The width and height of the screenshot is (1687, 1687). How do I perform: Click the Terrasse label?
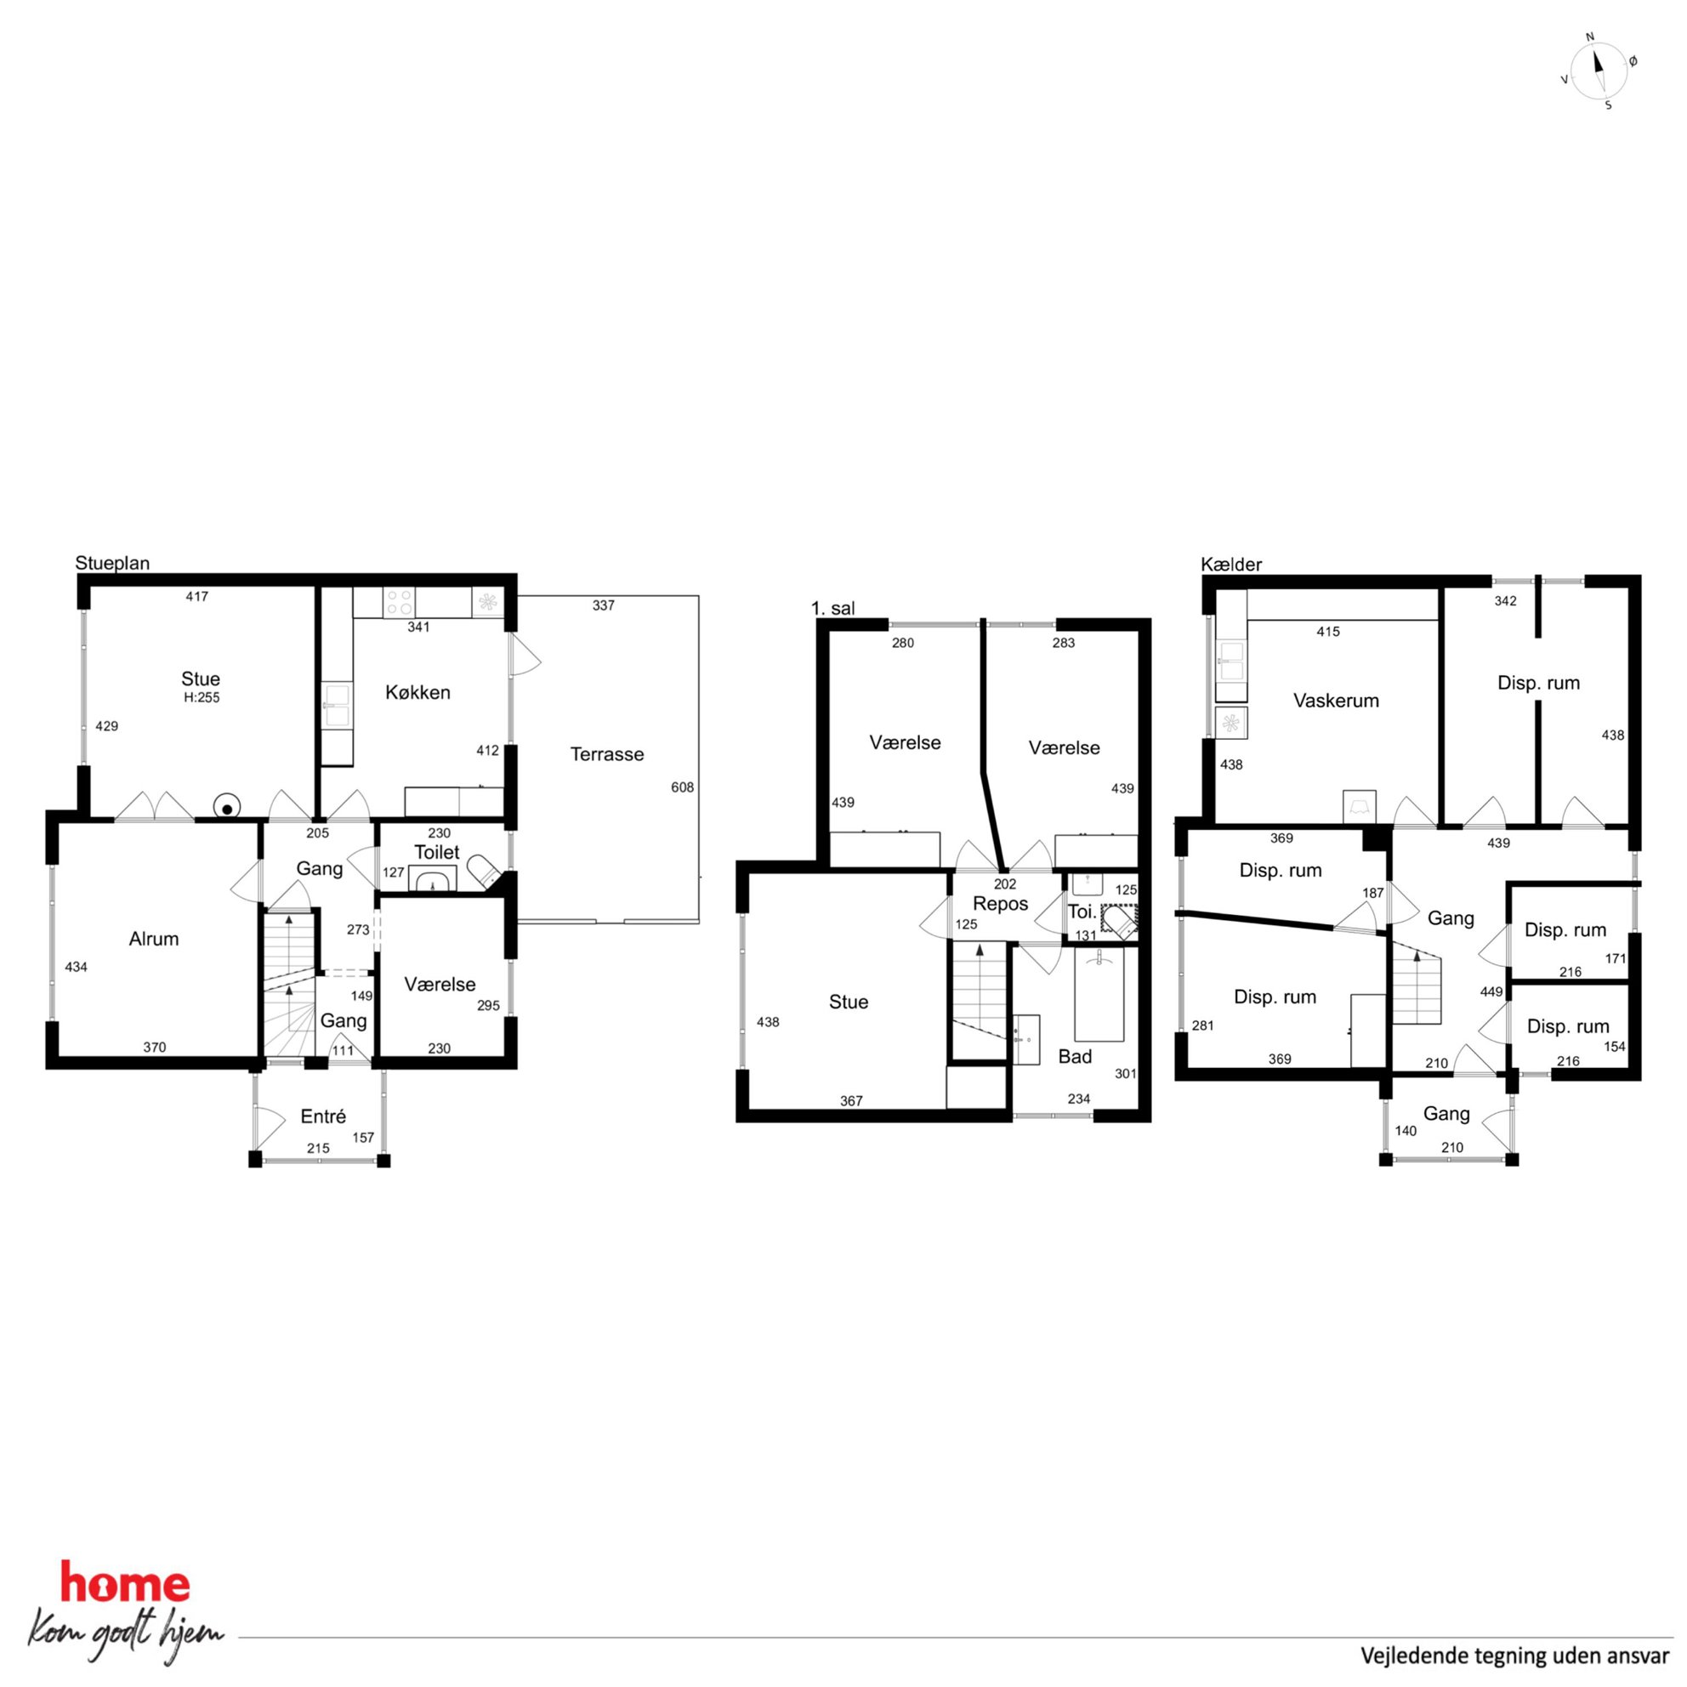click(607, 754)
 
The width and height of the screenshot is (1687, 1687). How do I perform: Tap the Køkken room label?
click(418, 692)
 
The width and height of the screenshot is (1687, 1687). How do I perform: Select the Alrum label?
click(154, 939)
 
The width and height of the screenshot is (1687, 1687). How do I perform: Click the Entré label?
click(323, 1116)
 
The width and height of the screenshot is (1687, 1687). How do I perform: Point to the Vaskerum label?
click(1336, 701)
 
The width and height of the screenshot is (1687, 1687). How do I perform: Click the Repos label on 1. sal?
click(1001, 904)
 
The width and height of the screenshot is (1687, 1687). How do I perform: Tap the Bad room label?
click(1075, 1057)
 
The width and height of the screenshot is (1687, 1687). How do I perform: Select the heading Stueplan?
click(112, 563)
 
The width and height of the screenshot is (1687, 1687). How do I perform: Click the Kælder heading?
click(1231, 564)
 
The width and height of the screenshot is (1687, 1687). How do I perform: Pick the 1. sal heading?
click(833, 609)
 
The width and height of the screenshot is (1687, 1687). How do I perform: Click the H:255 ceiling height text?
click(202, 698)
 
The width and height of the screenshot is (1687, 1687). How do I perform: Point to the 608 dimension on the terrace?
click(682, 787)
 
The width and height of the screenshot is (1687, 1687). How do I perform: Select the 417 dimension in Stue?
click(196, 596)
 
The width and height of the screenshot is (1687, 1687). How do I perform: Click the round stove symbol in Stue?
click(227, 809)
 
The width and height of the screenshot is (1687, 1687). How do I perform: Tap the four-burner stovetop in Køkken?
click(399, 602)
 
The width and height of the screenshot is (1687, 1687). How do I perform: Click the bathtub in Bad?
click(1099, 994)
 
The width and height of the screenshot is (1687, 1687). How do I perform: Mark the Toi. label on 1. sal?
click(1082, 912)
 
